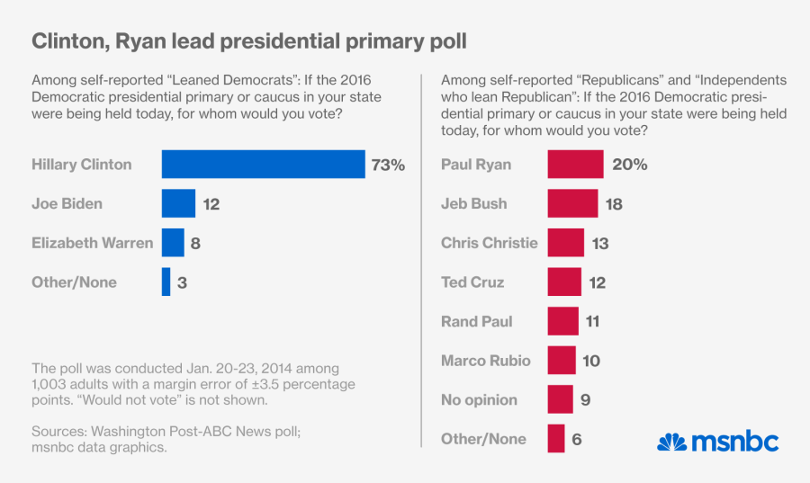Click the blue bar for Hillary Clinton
pyautogui.click(x=263, y=165)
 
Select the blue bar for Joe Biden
pyautogui.click(x=178, y=203)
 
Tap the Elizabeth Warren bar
pyautogui.click(x=173, y=243)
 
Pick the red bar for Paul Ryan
pyautogui.click(x=575, y=165)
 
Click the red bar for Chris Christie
pyautogui.click(x=565, y=243)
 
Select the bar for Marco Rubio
pyautogui.click(x=562, y=361)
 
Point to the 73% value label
pyautogui.click(x=388, y=165)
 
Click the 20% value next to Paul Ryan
pyautogui.click(x=629, y=165)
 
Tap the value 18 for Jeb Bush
pyautogui.click(x=614, y=204)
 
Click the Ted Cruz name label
pyautogui.click(x=472, y=282)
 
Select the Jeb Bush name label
pyautogui.click(x=473, y=204)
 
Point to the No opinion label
pyautogui.click(x=479, y=400)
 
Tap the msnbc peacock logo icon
pyautogui.click(x=671, y=442)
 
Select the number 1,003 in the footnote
pyautogui.click(x=50, y=385)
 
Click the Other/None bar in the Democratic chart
pyautogui.click(x=166, y=282)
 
